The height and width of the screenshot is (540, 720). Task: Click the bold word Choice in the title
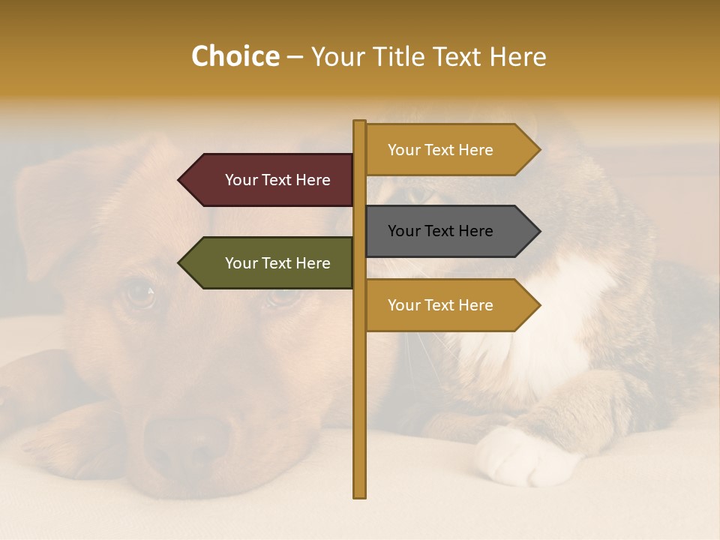(235, 57)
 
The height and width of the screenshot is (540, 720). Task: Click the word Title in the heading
(408, 57)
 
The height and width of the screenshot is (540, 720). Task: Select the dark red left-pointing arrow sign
(270, 180)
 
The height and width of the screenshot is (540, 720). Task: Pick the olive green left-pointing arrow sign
(270, 263)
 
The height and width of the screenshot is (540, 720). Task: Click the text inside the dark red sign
(277, 180)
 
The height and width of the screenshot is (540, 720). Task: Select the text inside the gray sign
(440, 231)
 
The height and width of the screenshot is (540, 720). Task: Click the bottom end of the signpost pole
(360, 495)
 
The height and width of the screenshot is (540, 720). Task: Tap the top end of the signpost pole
(360, 123)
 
